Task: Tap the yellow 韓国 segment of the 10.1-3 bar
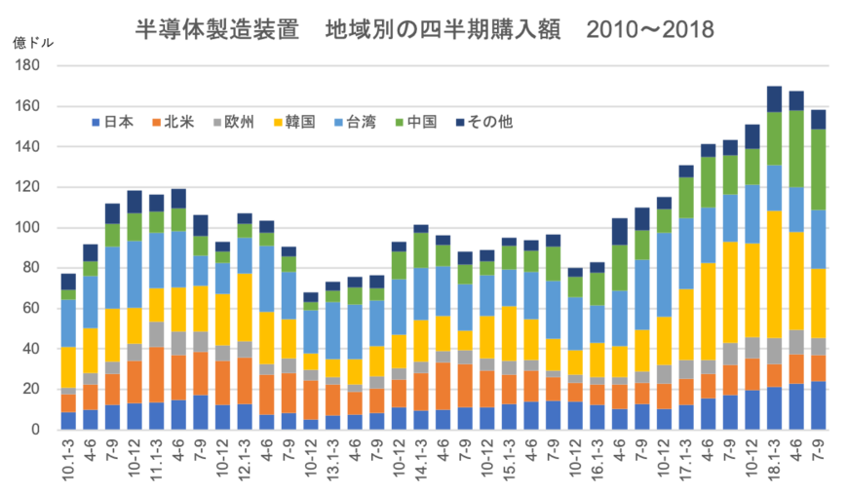click(x=68, y=366)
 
